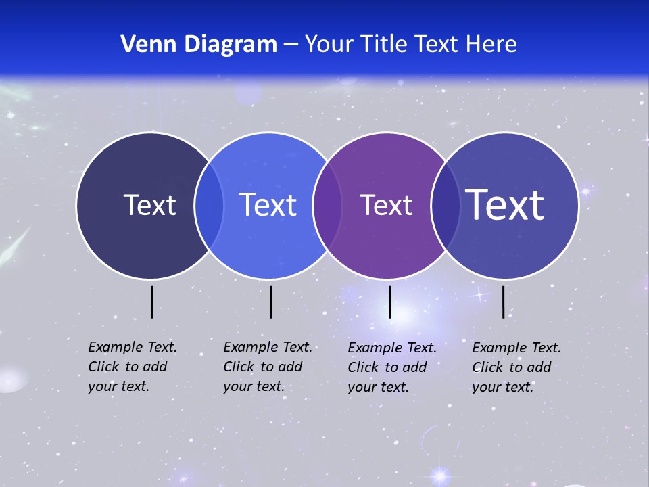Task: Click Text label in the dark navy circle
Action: pyautogui.click(x=149, y=205)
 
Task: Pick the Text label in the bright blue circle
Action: pyautogui.click(x=268, y=205)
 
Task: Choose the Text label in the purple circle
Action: pyautogui.click(x=386, y=205)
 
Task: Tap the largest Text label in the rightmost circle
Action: pyautogui.click(x=505, y=204)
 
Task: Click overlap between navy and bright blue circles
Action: pyautogui.click(x=209, y=206)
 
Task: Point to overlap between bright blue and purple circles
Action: pyautogui.click(x=327, y=206)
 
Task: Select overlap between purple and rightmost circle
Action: pyautogui.click(x=446, y=206)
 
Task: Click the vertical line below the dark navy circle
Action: pyautogui.click(x=151, y=302)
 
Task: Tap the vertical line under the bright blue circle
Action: pyautogui.click(x=270, y=302)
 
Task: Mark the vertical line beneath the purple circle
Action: pyautogui.click(x=389, y=302)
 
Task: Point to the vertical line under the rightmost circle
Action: pyautogui.click(x=503, y=302)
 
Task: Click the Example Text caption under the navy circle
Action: pyautogui.click(x=133, y=367)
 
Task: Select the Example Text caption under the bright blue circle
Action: pyautogui.click(x=268, y=367)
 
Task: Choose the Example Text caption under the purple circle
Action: pyautogui.click(x=392, y=367)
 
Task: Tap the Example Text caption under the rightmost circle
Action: pyautogui.click(x=516, y=367)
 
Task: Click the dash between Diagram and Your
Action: pyautogui.click(x=291, y=45)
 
